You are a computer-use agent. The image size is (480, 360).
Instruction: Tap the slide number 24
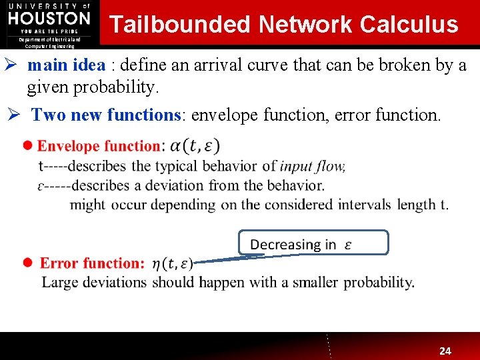(x=445, y=351)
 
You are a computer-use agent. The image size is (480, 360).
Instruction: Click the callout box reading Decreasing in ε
(x=313, y=244)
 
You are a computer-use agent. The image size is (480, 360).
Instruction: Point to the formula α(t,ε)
(x=195, y=145)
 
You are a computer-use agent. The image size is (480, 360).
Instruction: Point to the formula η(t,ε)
(x=173, y=263)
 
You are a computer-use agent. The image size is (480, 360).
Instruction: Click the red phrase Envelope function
(x=99, y=146)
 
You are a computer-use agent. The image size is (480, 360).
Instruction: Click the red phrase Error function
(x=92, y=263)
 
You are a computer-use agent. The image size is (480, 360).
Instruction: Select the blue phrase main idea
(x=65, y=65)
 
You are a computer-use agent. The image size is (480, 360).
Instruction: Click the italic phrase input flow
(x=312, y=166)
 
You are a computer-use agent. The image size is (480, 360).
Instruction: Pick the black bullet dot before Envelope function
(x=27, y=145)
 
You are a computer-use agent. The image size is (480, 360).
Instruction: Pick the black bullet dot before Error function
(x=27, y=263)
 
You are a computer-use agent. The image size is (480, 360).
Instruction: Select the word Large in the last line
(x=59, y=282)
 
